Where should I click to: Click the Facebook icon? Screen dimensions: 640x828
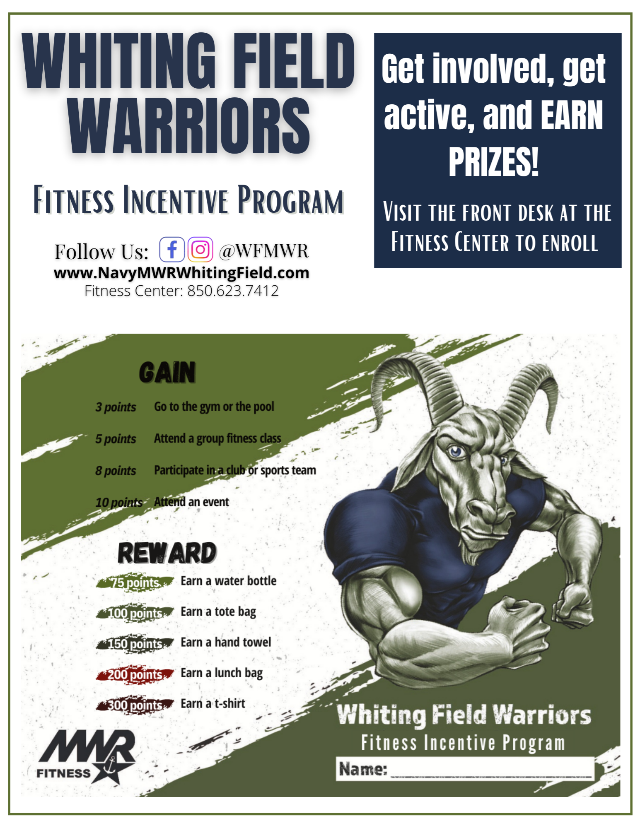(172, 250)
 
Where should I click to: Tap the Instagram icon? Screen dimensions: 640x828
(200, 250)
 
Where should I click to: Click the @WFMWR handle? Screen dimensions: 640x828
(264, 251)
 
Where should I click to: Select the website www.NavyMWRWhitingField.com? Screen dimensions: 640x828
(181, 273)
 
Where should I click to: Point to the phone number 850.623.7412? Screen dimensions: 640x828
(233, 291)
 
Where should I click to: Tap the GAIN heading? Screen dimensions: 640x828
(167, 372)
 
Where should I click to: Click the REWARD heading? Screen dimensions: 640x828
(167, 553)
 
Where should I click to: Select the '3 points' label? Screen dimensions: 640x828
(116, 407)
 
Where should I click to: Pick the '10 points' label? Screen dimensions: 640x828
(119, 502)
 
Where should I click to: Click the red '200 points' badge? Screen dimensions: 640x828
(135, 674)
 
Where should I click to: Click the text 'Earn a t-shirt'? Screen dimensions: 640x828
(213, 703)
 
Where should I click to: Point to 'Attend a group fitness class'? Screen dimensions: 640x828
(217, 438)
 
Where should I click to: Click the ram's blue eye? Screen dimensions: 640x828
(456, 451)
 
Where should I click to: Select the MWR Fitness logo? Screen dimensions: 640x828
(87, 756)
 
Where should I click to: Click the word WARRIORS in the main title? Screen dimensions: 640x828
(189, 126)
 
